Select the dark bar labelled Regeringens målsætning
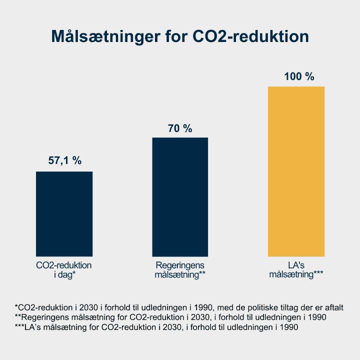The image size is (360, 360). tap(180, 197)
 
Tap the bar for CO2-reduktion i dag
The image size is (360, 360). tap(64, 214)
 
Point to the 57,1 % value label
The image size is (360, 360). tap(64, 160)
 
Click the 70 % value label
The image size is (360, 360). tap(180, 128)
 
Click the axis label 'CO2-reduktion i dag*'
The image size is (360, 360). tap(64, 270)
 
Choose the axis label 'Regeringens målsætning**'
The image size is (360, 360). tap(180, 270)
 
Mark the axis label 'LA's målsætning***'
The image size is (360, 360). tap(296, 270)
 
